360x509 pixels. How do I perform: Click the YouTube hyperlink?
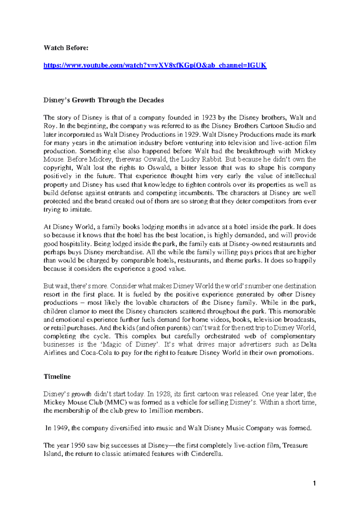pos(155,65)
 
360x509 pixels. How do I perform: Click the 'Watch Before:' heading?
pos(66,48)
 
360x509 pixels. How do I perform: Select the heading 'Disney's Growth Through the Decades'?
pos(103,100)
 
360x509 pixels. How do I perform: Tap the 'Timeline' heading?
pos(57,377)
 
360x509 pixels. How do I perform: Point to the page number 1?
pos(314,483)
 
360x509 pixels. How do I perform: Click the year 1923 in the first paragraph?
pos(208,118)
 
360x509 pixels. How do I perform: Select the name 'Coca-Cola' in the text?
pos(96,353)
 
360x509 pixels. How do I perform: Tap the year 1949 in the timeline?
pos(61,428)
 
